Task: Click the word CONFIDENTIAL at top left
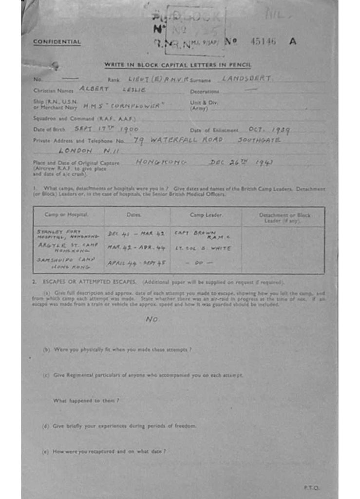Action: (x=57, y=42)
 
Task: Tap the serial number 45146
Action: (x=263, y=41)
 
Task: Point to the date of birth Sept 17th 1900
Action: (x=106, y=129)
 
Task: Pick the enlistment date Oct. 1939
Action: (x=269, y=130)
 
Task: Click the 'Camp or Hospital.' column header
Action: (x=67, y=214)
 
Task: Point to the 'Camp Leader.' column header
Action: (x=206, y=214)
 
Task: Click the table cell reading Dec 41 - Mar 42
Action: (x=136, y=233)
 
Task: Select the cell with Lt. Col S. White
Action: (x=203, y=248)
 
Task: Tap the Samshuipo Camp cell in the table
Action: (x=66, y=263)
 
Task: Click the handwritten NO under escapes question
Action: (x=152, y=320)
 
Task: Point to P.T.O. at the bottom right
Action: (x=311, y=487)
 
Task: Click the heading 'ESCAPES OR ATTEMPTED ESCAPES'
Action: (x=92, y=282)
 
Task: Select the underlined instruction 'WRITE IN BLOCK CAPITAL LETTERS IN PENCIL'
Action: (x=177, y=65)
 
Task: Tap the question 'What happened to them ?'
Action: (x=86, y=401)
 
